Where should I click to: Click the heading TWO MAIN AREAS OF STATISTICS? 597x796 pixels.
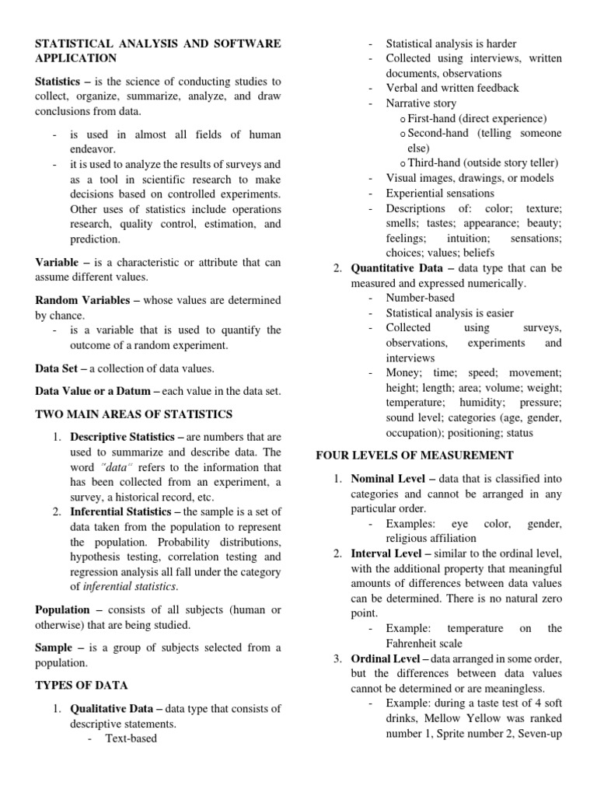pyautogui.click(x=133, y=414)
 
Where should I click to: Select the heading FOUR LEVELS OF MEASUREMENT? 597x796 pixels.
pyautogui.click(x=414, y=455)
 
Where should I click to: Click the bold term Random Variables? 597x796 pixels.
pyautogui.click(x=81, y=300)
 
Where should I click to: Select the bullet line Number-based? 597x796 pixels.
pyautogui.click(x=421, y=298)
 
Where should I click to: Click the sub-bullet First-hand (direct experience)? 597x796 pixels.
pyautogui.click(x=477, y=118)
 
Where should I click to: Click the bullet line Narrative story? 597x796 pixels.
pyautogui.click(x=421, y=103)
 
